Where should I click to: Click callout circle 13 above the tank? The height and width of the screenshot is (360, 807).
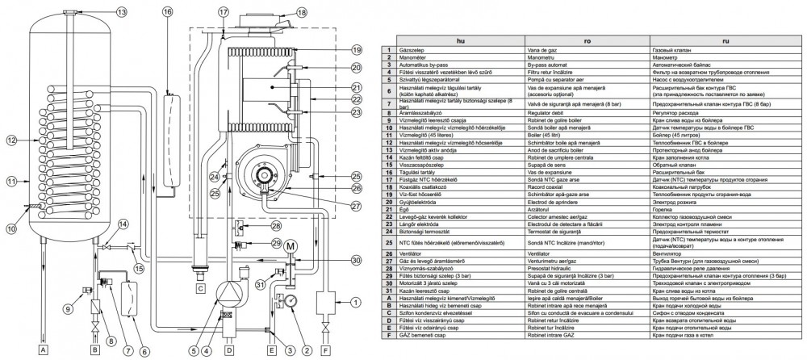[x=121, y=13]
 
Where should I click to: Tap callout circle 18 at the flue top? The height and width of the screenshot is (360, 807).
[x=301, y=12]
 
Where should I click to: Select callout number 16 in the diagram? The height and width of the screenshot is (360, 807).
[x=167, y=12]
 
